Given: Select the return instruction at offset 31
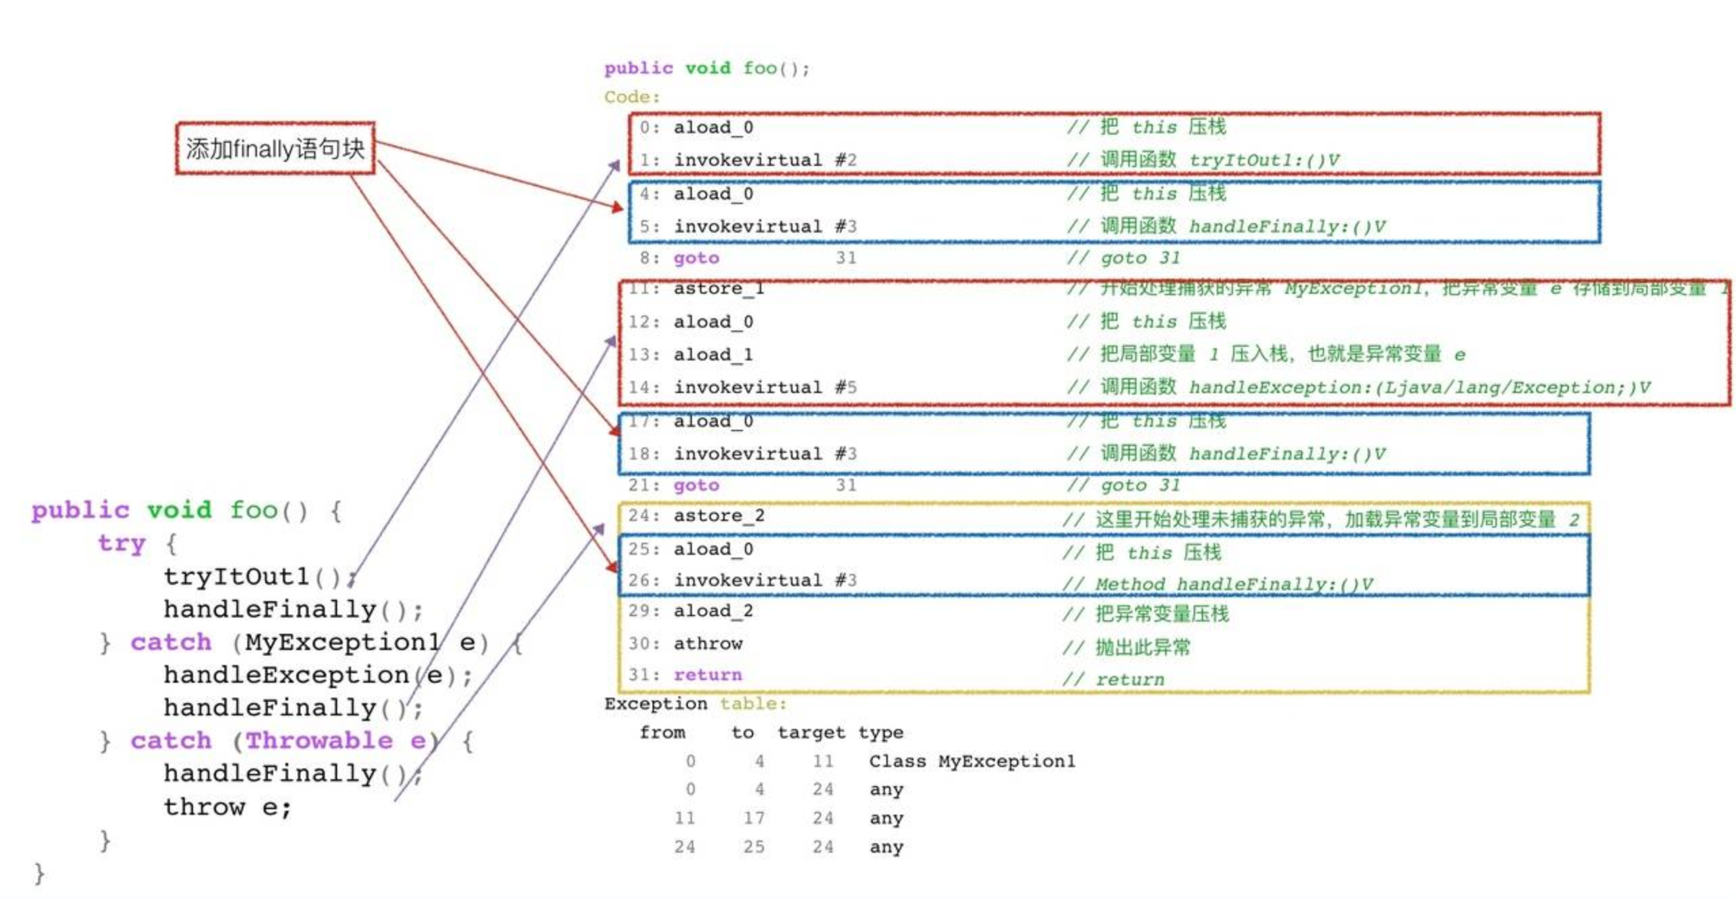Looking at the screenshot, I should click(x=707, y=674).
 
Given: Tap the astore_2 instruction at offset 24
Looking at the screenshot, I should click(x=718, y=515).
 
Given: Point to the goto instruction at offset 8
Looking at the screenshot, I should click(x=695, y=258).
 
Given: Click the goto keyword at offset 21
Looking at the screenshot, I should click(x=695, y=485).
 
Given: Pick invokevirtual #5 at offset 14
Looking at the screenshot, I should click(x=764, y=387).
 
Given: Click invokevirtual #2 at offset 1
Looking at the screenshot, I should click(x=764, y=160).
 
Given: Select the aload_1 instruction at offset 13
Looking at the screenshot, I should click(x=712, y=354).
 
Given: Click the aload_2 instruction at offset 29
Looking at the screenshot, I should click(x=712, y=610).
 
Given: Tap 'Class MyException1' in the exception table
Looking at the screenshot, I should click(x=971, y=760).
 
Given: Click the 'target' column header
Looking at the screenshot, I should click(x=811, y=732).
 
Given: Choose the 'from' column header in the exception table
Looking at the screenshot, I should click(x=661, y=732).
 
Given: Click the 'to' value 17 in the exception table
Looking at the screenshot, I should click(x=753, y=817).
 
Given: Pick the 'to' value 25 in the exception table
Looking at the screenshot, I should click(x=753, y=846).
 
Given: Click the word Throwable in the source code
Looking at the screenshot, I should click(x=318, y=740).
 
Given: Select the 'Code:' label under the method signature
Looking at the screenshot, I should click(x=631, y=97).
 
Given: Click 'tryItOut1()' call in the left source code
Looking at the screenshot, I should click(x=251, y=576).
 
